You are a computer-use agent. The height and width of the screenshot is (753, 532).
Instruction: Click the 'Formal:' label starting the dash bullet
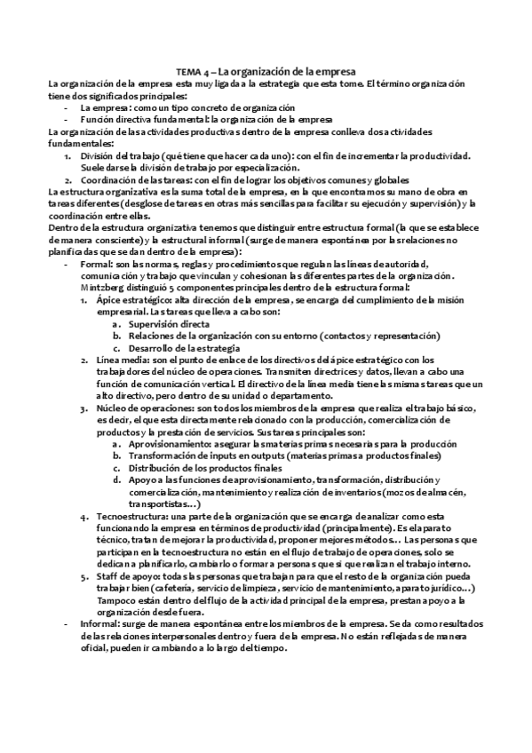[94, 264]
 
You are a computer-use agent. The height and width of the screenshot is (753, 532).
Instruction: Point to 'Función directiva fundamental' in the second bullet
[143, 119]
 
